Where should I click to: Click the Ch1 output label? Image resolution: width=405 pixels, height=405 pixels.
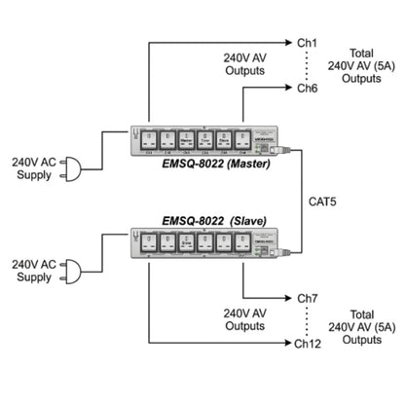tap(307, 43)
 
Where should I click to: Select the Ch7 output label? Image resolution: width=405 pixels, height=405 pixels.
tap(307, 298)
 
